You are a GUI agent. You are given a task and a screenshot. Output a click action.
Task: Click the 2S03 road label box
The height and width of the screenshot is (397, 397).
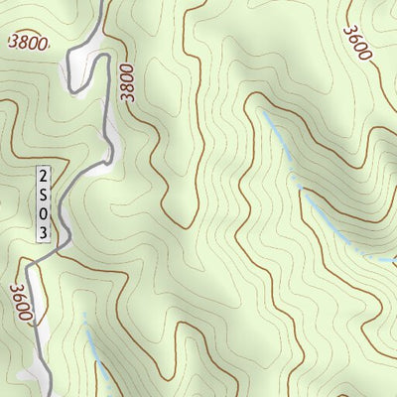[x=43, y=203]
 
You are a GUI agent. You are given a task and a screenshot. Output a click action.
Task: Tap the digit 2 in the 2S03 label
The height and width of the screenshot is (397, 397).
[x=43, y=175]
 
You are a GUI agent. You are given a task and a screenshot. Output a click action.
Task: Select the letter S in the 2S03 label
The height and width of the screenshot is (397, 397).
[x=43, y=194]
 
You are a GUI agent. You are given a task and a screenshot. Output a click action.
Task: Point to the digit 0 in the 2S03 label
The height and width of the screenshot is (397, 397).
[x=43, y=212]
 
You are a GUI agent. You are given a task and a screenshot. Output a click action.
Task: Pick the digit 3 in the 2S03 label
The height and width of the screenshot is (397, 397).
[x=43, y=231]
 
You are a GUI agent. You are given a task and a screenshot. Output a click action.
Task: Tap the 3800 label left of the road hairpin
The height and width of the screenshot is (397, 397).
[x=28, y=43]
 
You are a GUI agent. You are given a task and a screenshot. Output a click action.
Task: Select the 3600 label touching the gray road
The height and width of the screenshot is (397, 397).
[x=22, y=304]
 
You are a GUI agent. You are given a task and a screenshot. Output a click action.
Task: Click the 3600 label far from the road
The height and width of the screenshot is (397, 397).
[x=357, y=42]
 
